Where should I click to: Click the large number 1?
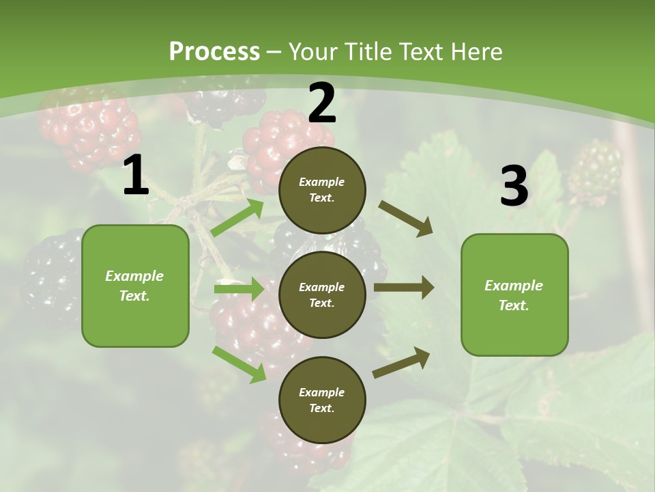coord(136,176)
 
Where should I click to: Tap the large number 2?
coord(322,103)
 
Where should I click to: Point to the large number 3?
coord(514,187)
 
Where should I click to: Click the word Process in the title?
coord(214,51)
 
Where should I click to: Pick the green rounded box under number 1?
coord(135,286)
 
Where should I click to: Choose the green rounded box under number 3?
coord(514,295)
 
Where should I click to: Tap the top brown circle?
coord(322,190)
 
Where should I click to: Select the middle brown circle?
coord(322,295)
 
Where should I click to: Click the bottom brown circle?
coord(322,400)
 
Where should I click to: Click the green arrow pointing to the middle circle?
coord(239,289)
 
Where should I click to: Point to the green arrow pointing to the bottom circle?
coord(239,364)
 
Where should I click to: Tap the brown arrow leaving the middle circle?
coord(404,288)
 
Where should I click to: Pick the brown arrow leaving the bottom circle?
coord(402,362)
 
